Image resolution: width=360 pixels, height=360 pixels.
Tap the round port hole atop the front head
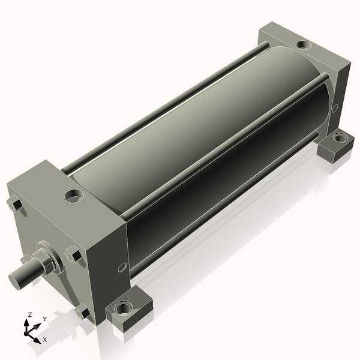pos(74,196)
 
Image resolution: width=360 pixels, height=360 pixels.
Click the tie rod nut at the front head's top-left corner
pos(15,203)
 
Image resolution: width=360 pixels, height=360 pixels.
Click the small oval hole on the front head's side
pos(122,268)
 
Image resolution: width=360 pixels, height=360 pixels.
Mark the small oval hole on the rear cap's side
pos(335,108)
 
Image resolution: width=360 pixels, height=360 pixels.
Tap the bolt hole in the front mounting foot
pos(124,308)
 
